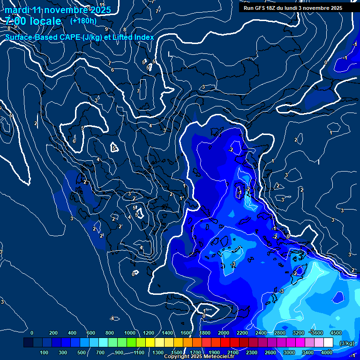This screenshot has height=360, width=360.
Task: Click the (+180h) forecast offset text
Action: click(x=83, y=21)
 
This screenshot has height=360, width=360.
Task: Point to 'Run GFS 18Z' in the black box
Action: click(x=260, y=8)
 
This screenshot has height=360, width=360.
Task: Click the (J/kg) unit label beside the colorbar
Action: click(x=346, y=344)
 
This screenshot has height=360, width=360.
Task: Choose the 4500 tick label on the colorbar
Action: click(x=336, y=333)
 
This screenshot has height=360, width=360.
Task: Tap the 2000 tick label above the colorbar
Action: click(x=224, y=333)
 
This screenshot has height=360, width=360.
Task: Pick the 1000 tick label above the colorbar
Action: click(x=130, y=333)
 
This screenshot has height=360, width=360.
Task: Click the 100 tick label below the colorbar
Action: click(x=45, y=352)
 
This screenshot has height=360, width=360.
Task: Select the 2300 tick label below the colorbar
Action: click(x=251, y=352)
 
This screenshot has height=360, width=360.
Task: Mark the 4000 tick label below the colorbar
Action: click(x=327, y=352)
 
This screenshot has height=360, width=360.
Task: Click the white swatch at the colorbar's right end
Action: click(x=328, y=343)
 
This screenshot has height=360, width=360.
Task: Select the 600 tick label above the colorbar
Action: click(x=91, y=333)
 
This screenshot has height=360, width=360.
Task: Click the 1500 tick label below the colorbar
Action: click(x=176, y=352)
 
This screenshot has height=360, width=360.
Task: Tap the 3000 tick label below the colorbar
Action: click(x=289, y=352)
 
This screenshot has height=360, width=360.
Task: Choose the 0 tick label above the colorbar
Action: click(x=32, y=333)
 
